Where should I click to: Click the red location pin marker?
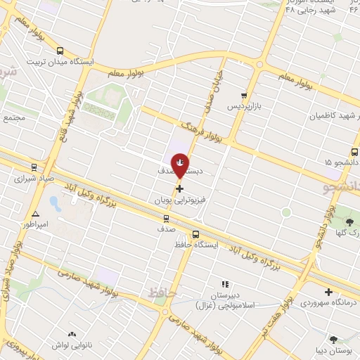coord(180,165)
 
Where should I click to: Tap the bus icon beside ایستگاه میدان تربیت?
coord(59,51)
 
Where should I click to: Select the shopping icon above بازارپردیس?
coord(243,96)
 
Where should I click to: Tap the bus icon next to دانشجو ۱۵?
coord(355,151)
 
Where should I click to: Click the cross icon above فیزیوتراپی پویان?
coord(179,188)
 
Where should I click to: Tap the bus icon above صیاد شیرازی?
coord(34,167)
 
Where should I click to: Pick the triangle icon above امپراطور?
coord(35,213)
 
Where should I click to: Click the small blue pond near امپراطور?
coord(54,205)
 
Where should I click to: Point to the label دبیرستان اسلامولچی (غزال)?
coord(231,301)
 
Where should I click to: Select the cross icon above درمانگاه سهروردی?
coord(328,291)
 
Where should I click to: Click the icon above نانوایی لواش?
coord(71,334)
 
